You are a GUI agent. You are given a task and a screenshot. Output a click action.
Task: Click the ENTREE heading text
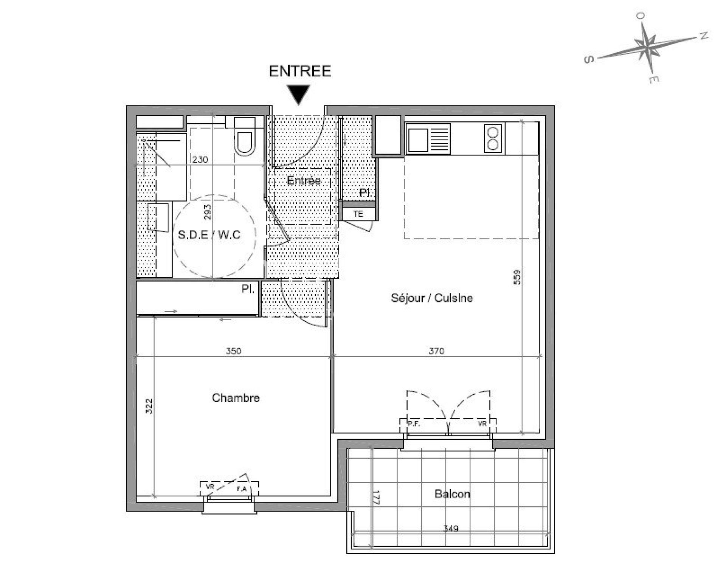click(300, 71)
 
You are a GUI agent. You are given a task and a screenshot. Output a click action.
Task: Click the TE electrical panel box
click(358, 214)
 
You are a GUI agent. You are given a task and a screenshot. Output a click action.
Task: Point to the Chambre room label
click(236, 398)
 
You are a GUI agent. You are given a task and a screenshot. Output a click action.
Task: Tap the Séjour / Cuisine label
click(432, 298)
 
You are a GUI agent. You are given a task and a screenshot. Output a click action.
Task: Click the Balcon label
click(452, 494)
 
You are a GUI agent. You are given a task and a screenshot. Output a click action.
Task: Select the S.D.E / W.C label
click(209, 235)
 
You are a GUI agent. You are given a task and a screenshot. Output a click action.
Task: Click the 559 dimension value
click(517, 277)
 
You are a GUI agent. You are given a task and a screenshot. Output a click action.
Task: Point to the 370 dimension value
click(436, 351)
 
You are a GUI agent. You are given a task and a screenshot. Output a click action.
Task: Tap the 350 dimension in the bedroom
click(234, 351)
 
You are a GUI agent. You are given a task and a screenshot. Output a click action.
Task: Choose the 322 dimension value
click(149, 406)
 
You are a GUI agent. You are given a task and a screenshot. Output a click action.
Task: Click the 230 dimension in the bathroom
click(200, 160)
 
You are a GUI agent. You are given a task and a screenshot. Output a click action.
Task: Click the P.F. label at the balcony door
click(414, 424)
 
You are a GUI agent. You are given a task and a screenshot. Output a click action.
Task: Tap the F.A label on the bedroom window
click(242, 489)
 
